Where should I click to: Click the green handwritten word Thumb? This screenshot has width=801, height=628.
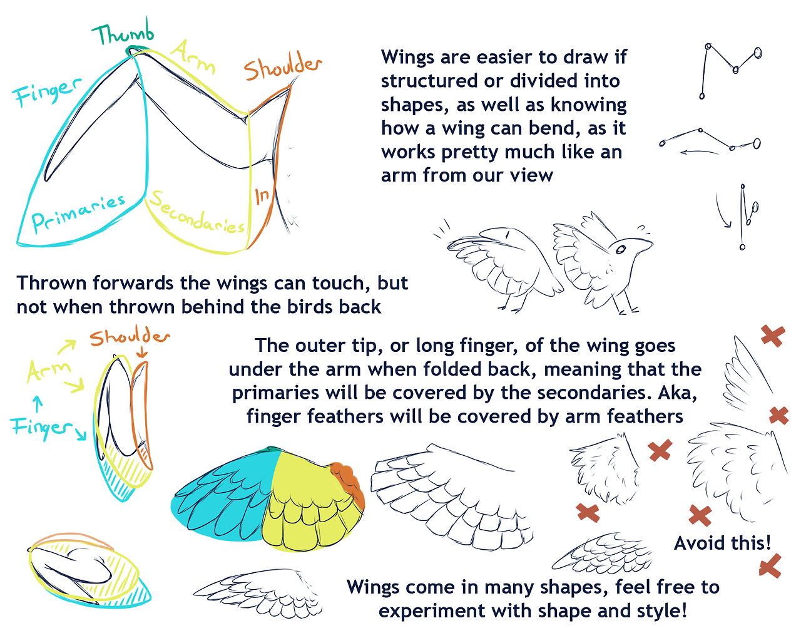pyautogui.click(x=123, y=33)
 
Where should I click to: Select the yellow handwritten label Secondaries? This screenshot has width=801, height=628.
pyautogui.click(x=198, y=212)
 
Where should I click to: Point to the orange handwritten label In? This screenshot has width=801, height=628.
pyautogui.click(x=262, y=196)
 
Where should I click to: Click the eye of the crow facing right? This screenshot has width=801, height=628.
pyautogui.click(x=620, y=250)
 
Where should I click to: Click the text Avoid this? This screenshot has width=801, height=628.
pyautogui.click(x=722, y=543)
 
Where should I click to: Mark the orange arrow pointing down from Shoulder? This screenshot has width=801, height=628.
pyautogui.click(x=141, y=353)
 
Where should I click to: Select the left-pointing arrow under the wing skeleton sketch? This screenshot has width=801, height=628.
pyautogui.click(x=699, y=152)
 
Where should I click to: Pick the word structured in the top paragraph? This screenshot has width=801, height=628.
pyautogui.click(x=429, y=81)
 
